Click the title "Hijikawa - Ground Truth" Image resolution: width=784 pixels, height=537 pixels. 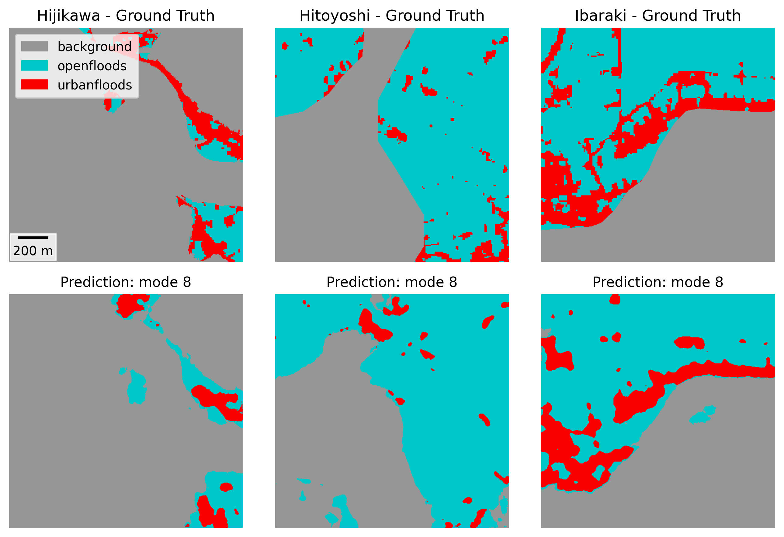pos(126,16)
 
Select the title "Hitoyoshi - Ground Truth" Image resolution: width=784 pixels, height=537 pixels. pos(392,16)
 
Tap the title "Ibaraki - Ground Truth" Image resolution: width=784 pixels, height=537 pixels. pos(657,16)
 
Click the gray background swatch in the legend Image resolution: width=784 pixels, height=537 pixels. pos(34,47)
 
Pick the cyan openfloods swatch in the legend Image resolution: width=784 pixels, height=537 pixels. pos(34,65)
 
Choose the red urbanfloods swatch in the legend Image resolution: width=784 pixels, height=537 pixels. pos(34,84)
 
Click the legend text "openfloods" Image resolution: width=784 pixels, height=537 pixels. pos(92,66)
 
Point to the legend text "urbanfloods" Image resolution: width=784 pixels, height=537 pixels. pos(95,85)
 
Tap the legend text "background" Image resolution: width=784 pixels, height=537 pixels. pos(95,47)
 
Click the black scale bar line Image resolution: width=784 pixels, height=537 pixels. pos(33,238)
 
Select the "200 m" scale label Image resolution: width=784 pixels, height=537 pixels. pos(33,251)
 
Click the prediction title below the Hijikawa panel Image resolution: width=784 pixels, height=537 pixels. pos(126,282)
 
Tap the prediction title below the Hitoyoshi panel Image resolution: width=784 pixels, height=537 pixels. pos(392,282)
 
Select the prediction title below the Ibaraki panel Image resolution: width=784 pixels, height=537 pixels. pos(657,282)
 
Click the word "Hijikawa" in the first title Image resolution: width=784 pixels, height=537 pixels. pos(68,16)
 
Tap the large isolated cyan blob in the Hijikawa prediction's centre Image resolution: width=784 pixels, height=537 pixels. pos(137,388)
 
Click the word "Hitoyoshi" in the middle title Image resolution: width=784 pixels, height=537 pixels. pos(335,16)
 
